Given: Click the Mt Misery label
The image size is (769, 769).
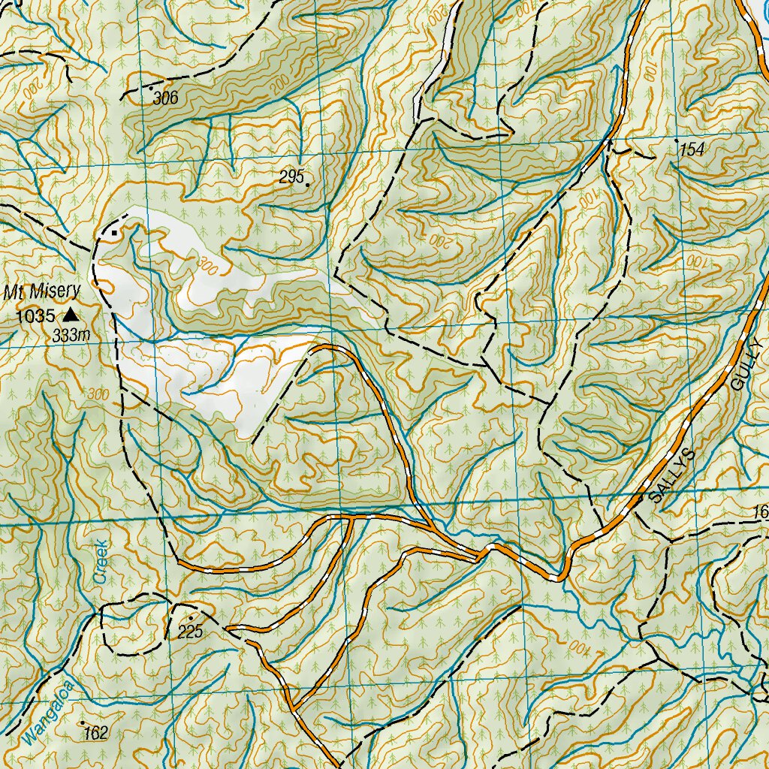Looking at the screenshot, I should (x=53, y=292).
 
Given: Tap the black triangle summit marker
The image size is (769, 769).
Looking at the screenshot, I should (x=70, y=315).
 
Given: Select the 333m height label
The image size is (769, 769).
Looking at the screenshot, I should (x=71, y=336).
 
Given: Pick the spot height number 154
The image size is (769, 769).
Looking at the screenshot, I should (x=692, y=150).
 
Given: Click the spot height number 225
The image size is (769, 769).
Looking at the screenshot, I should (x=190, y=632).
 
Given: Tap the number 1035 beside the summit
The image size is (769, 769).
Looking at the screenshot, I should (x=35, y=315).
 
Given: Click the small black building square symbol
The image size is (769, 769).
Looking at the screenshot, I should (x=114, y=233).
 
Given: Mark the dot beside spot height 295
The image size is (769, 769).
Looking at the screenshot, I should (x=307, y=183).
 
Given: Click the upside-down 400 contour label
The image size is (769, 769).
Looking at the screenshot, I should (x=581, y=648).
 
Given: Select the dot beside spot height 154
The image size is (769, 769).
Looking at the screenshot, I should (x=677, y=140).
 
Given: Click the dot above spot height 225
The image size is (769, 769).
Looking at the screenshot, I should (x=190, y=618).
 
